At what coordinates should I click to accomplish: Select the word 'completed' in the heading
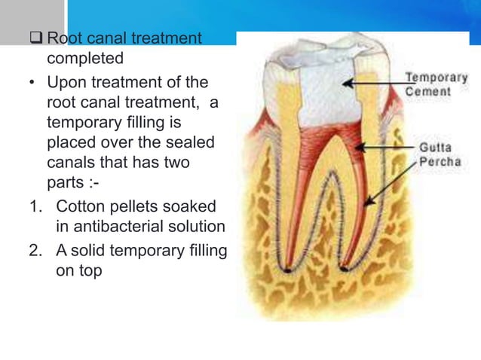[85, 58]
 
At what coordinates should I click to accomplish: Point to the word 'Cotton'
[81, 206]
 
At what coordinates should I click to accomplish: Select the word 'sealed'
[189, 142]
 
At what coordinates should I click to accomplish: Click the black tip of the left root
[287, 269]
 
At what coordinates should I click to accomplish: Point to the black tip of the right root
[343, 269]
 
